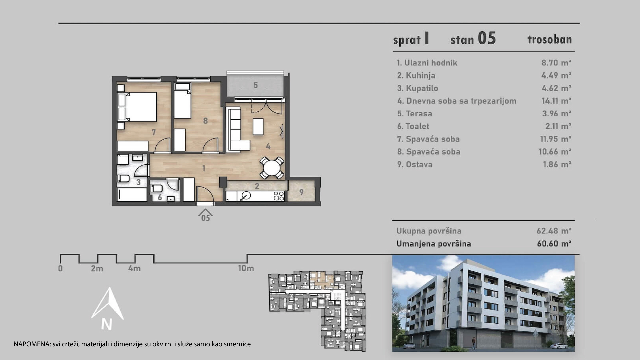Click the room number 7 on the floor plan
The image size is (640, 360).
point(154,132)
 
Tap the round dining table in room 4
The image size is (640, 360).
point(272,168)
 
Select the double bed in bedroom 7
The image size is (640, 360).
point(137,107)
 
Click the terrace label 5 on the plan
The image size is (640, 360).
point(256,85)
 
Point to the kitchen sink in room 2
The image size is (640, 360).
point(246,196)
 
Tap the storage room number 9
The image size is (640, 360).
point(301,192)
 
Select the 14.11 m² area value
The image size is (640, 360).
point(556,101)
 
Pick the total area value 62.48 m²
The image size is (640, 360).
point(554,231)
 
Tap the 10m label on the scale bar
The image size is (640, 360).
point(246,268)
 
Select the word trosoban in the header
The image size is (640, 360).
point(550,39)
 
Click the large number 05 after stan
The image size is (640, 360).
point(487,38)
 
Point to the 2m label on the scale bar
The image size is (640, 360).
point(97,268)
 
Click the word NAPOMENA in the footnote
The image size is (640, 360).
point(31,344)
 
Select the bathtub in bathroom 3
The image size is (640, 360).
point(132,194)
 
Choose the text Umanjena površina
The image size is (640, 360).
point(434,244)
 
